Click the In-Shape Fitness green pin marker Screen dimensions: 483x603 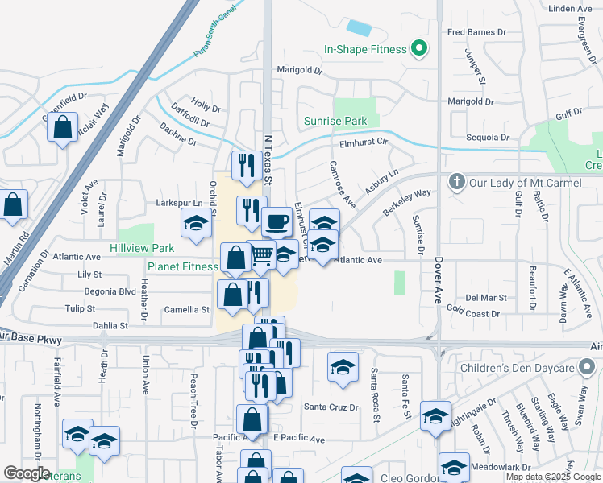click(x=418, y=49)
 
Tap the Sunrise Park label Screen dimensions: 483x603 click(x=335, y=122)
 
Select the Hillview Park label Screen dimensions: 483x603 click(x=142, y=249)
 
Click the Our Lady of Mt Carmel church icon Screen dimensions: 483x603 click(x=457, y=183)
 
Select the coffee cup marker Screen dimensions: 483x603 click(x=277, y=221)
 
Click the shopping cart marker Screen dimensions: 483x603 click(x=261, y=255)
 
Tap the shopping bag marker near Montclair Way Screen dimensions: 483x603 click(x=62, y=127)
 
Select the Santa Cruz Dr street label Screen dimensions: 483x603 click(x=331, y=407)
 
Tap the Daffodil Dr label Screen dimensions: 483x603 click(x=189, y=123)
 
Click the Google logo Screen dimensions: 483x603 click(x=27, y=473)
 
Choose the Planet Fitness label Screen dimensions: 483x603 click(x=182, y=266)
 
